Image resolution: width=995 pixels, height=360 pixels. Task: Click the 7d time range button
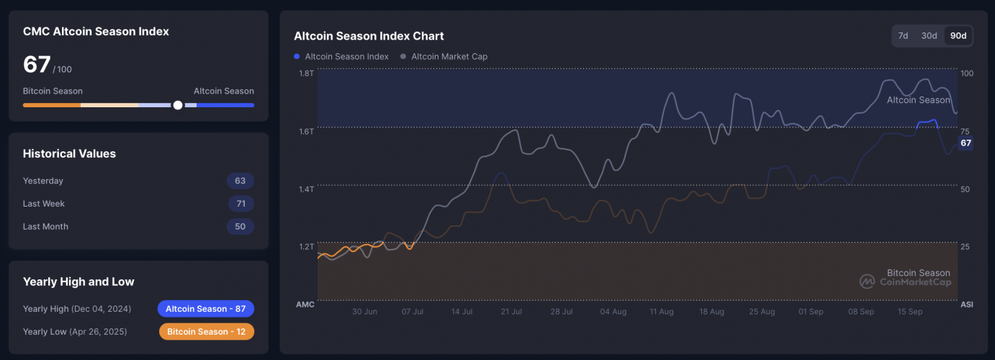(903, 36)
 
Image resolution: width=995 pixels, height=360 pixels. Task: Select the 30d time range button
(929, 36)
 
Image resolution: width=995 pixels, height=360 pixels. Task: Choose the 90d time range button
(958, 36)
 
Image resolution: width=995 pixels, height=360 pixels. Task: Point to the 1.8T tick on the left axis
(306, 73)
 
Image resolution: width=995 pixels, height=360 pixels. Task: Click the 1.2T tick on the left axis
(306, 247)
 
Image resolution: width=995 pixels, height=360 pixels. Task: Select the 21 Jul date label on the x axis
(510, 312)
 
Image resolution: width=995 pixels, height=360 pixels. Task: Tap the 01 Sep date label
(811, 312)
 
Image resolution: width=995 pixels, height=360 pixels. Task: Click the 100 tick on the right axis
(967, 73)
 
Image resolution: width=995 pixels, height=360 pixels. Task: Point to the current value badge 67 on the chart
(965, 143)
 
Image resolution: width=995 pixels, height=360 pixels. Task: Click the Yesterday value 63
(240, 181)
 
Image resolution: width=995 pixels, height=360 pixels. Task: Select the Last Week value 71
(240, 204)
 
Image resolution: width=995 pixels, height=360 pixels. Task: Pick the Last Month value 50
(240, 227)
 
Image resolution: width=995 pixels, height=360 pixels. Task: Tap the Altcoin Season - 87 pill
(206, 309)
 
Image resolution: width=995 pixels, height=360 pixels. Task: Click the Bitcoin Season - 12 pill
(206, 332)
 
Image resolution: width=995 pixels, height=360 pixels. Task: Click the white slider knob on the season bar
(178, 105)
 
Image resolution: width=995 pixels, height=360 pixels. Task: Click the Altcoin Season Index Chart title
(369, 36)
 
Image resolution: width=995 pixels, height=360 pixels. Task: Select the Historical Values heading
(69, 153)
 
